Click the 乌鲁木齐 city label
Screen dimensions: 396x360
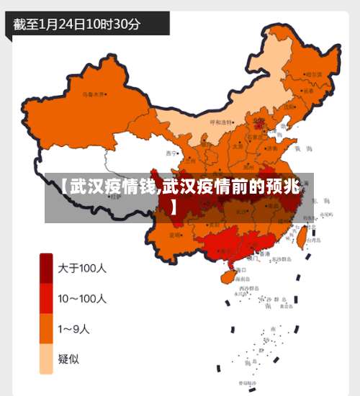coord(94,94)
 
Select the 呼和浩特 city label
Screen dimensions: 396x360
coord(222,123)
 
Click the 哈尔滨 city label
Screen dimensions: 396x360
coord(310,74)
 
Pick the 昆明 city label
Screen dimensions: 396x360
coord(175,235)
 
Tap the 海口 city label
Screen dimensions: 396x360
coord(240,269)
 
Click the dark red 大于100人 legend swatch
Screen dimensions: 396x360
coord(46,268)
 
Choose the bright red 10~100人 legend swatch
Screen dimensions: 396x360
coord(46,298)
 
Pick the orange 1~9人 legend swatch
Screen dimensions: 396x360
coord(46,329)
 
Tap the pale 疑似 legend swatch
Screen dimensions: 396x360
coord(46,359)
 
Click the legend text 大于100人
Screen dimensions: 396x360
coord(82,268)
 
